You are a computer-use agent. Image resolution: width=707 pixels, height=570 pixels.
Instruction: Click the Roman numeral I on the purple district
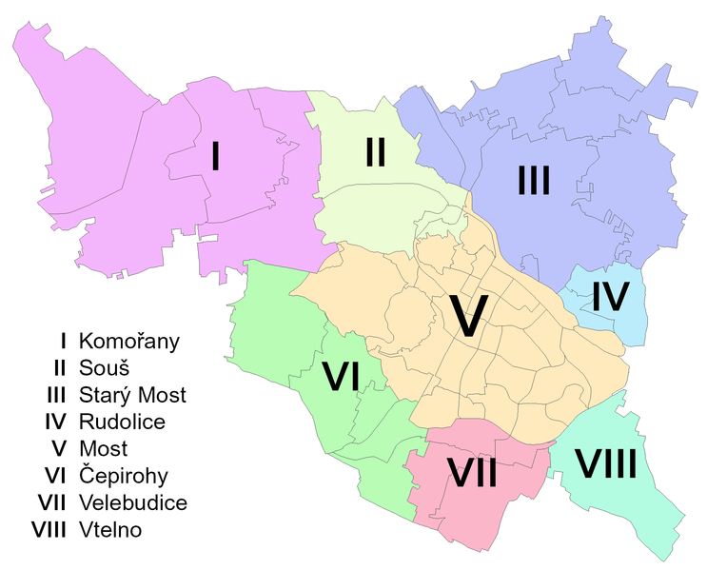tap(216, 155)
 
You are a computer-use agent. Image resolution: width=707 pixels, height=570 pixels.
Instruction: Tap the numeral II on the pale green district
tap(375, 152)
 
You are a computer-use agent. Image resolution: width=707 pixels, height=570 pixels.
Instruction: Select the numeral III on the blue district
tap(534, 180)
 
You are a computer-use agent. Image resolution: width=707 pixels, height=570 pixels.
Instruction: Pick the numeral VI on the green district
tap(340, 376)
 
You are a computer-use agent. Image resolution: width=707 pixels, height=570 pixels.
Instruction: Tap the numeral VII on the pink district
tap(473, 473)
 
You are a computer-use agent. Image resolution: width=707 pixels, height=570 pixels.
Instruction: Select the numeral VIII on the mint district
tap(605, 464)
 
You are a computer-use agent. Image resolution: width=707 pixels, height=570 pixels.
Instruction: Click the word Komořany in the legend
tap(129, 341)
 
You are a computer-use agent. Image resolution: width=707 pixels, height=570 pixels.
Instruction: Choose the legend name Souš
tap(105, 367)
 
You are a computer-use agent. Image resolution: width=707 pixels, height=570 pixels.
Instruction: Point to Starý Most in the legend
tap(132, 395)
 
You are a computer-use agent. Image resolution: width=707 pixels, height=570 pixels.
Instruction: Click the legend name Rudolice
tap(122, 422)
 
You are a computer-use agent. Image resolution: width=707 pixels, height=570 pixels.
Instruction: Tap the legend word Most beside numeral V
tap(104, 448)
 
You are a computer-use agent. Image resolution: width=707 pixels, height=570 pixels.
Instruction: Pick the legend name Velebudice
tap(132, 502)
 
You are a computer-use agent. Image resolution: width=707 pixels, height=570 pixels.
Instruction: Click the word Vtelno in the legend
tap(110, 530)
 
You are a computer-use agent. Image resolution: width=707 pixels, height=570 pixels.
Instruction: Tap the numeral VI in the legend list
tap(54, 476)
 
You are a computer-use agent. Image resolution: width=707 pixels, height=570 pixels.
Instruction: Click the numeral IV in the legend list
tap(54, 422)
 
